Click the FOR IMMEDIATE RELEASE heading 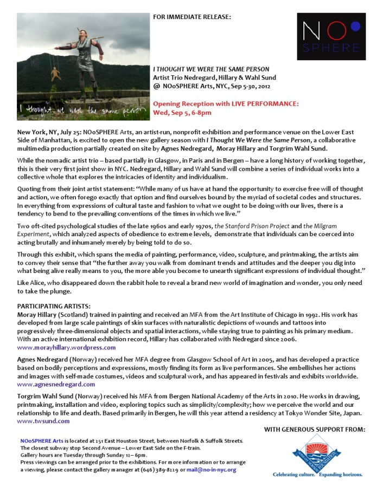192,17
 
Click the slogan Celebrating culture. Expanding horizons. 317,474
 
